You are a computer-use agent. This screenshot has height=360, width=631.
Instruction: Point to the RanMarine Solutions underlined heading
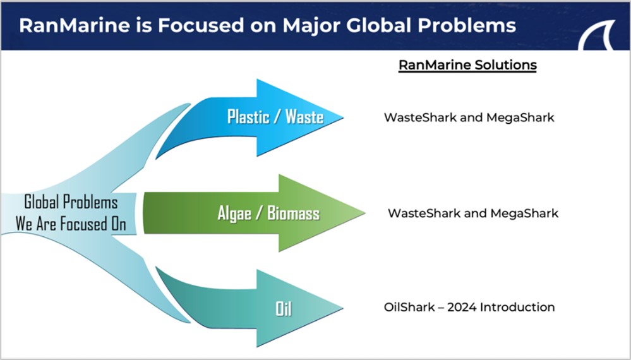tap(467, 65)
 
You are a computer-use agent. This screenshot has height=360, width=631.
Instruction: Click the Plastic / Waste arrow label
tap(275, 117)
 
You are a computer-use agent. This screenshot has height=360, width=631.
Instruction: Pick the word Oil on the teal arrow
tap(283, 309)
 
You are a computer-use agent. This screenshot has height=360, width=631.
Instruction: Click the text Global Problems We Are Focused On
tap(71, 213)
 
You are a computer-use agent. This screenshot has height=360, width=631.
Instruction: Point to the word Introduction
tap(517, 308)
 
